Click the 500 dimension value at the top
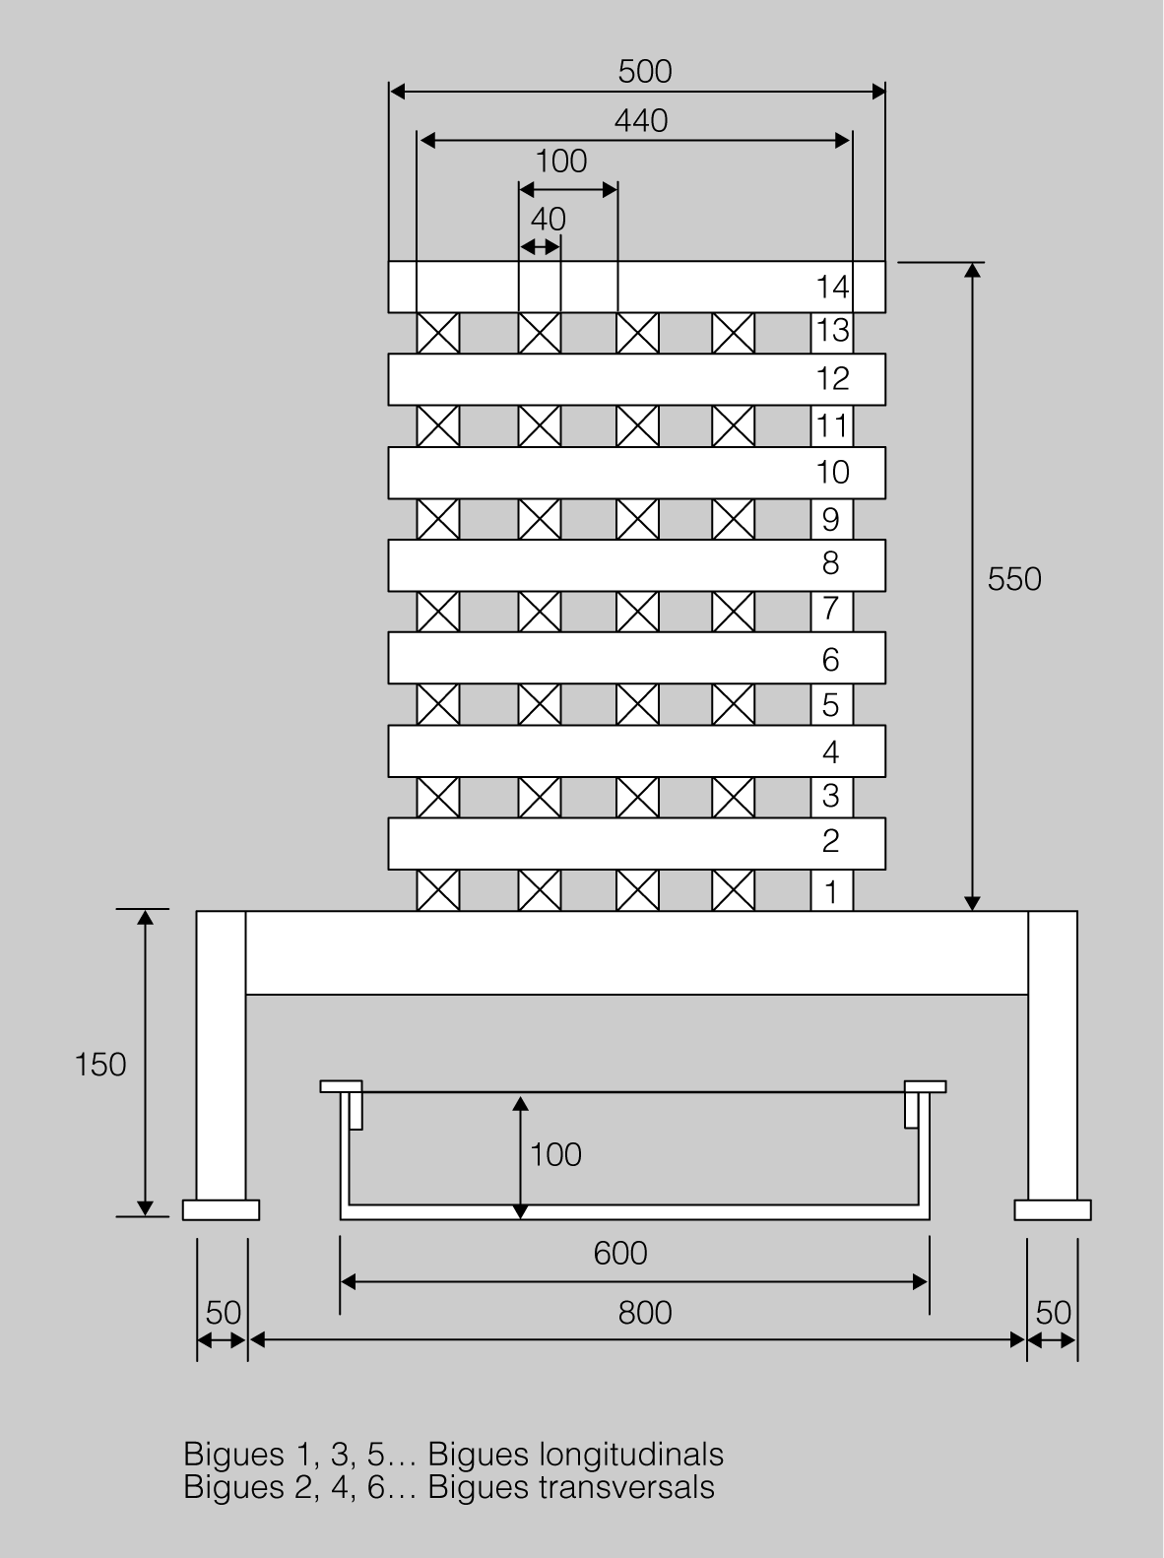pyautogui.click(x=644, y=72)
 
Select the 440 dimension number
pyautogui.click(x=641, y=121)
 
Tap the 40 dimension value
pyautogui.click(x=548, y=220)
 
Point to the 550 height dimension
pyautogui.click(x=1014, y=579)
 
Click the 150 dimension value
pyautogui.click(x=100, y=1065)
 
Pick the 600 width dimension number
pyautogui.click(x=620, y=1254)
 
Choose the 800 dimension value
pyautogui.click(x=644, y=1313)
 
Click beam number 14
pyautogui.click(x=832, y=287)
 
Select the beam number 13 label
pyautogui.click(x=832, y=331)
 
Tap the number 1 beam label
pyautogui.click(x=830, y=891)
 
